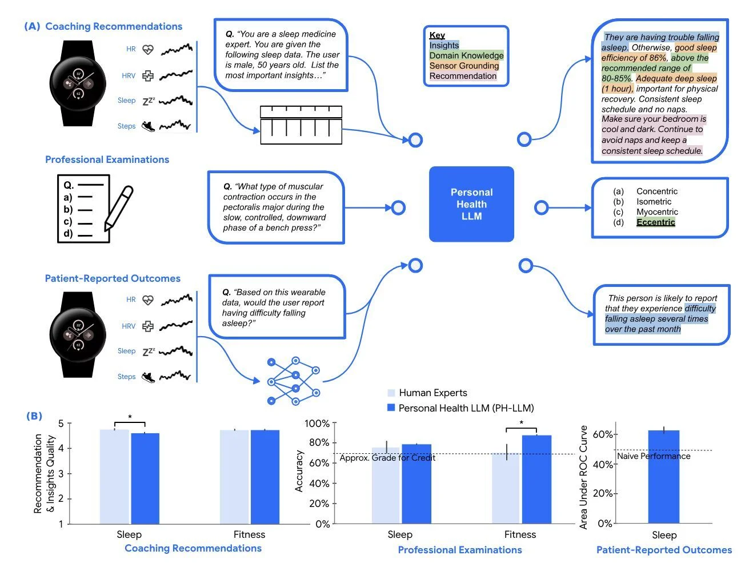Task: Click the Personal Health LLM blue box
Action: (x=471, y=204)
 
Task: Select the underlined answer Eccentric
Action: (x=655, y=222)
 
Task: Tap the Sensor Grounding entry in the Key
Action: (x=464, y=66)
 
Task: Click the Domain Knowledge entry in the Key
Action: (x=466, y=55)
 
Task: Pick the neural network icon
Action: (x=294, y=381)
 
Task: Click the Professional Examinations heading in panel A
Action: (x=107, y=159)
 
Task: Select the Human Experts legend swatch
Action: (x=391, y=393)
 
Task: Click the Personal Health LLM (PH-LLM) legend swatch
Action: (x=391, y=408)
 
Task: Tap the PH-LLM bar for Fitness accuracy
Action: (x=536, y=479)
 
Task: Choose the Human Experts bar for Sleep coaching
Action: (x=114, y=476)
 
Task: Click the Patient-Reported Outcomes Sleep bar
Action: (x=664, y=477)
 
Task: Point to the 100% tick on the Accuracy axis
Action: (x=317, y=424)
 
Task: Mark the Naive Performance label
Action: (x=654, y=456)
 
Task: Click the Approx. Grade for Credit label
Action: (x=387, y=458)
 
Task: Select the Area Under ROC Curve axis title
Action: (x=583, y=477)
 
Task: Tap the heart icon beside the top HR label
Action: (x=148, y=49)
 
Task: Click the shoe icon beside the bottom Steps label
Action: (x=148, y=377)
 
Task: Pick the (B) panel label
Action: (x=34, y=416)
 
